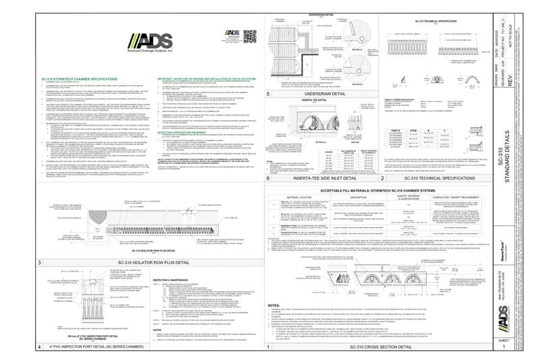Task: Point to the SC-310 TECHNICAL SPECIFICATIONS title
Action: point(439,178)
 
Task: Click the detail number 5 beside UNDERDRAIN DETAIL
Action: point(269,93)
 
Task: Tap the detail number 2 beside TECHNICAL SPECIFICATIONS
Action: point(382,178)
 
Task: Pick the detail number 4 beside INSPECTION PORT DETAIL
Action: point(39,346)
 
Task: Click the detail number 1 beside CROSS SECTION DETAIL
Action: point(269,346)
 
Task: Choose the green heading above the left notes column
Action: point(79,80)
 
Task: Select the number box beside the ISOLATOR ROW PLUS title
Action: point(39,262)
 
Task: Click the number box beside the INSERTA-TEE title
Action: point(269,178)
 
